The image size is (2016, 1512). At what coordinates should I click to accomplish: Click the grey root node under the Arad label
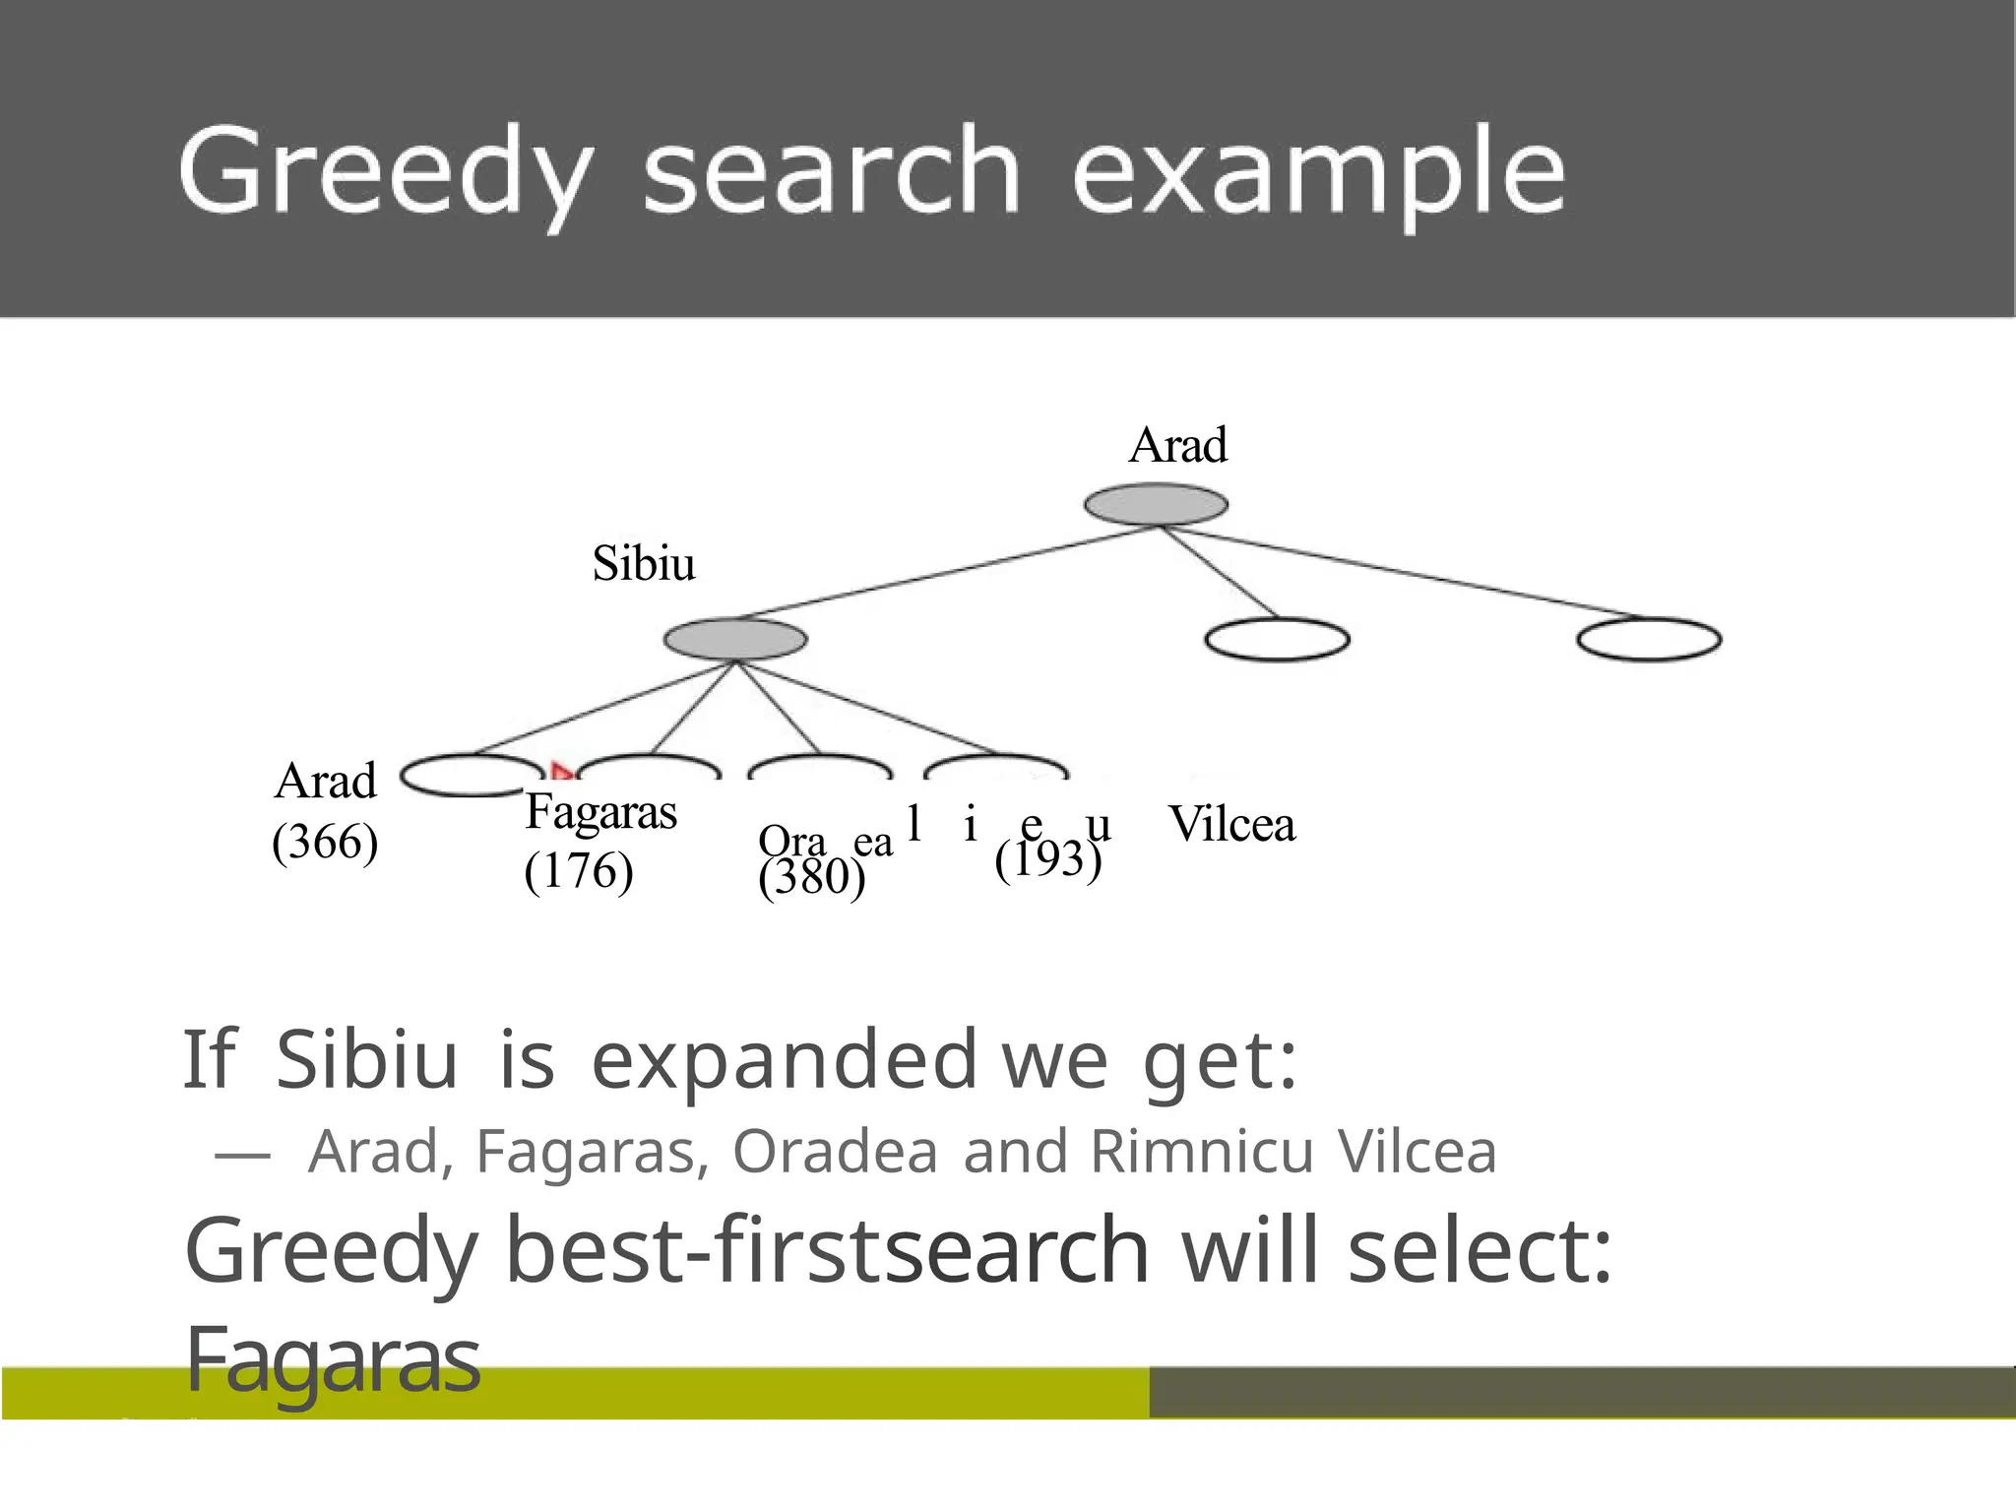click(1156, 505)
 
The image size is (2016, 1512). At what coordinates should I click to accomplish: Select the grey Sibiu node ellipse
click(735, 640)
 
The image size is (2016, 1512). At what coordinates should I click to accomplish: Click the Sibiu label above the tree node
click(644, 564)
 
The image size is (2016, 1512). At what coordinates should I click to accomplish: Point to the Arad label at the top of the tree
click(1178, 445)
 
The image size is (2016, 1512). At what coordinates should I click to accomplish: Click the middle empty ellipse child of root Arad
click(1277, 640)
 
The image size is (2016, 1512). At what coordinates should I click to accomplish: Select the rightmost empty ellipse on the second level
click(1649, 640)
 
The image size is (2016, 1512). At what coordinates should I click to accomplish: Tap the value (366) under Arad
click(325, 843)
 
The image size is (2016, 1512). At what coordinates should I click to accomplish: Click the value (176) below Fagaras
click(579, 872)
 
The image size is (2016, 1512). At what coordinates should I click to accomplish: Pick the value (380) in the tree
click(812, 877)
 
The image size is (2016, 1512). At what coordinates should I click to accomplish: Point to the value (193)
click(1047, 858)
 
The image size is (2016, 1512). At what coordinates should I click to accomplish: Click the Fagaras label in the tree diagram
click(601, 813)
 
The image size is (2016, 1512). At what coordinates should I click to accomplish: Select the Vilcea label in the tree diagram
click(1231, 825)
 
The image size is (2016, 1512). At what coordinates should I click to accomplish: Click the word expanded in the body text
click(784, 1061)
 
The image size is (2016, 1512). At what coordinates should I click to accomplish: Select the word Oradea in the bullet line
click(835, 1152)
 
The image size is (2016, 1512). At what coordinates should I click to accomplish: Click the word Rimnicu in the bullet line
click(1203, 1152)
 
